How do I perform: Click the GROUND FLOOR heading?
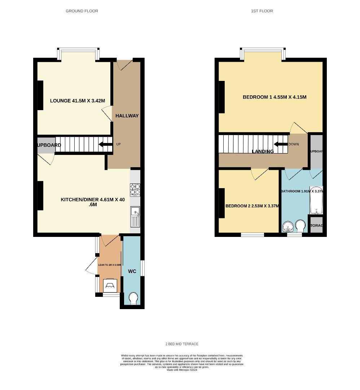[82, 11]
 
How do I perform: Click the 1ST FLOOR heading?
[262, 11]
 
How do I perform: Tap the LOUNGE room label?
[78, 101]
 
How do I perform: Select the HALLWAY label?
[127, 116]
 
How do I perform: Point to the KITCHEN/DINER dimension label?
[93, 202]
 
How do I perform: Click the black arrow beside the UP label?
[105, 145]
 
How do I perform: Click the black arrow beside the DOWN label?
[280, 144]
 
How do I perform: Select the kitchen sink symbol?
[135, 216]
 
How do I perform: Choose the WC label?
[132, 271]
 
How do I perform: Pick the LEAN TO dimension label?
[110, 265]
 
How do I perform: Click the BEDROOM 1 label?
[275, 97]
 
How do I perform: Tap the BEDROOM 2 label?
[252, 206]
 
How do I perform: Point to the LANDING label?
[263, 152]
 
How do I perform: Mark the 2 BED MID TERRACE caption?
[180, 344]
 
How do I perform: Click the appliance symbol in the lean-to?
[110, 286]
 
